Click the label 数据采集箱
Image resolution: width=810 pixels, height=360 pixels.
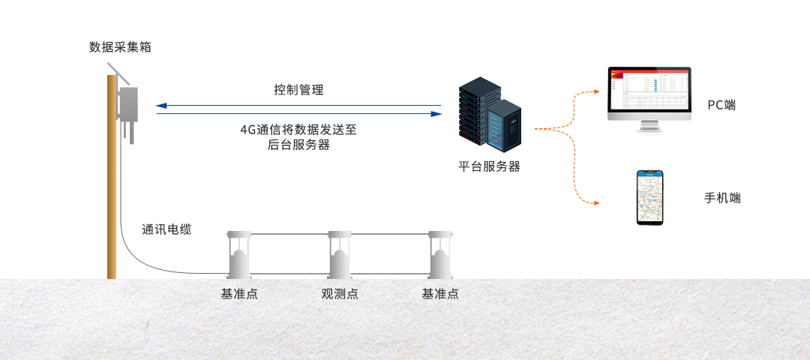[120, 47]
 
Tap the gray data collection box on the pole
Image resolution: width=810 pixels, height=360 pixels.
[128, 103]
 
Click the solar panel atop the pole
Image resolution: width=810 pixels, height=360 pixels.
[118, 73]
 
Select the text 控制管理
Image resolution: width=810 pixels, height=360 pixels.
[298, 90]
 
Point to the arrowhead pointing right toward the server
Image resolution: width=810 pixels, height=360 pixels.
[436, 114]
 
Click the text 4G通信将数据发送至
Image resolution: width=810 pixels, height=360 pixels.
[298, 130]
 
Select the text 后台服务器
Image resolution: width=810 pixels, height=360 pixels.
[298, 145]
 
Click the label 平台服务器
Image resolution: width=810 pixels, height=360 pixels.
[489, 166]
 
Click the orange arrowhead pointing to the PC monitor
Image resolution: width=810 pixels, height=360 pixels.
[597, 91]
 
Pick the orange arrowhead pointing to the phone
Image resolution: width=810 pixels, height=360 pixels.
[597, 203]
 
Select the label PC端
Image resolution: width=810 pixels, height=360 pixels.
[721, 105]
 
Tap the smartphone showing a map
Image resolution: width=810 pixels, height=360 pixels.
[649, 198]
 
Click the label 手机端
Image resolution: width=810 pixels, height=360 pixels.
[723, 198]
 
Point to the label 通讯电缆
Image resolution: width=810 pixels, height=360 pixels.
[166, 229]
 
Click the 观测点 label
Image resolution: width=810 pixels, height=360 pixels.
[340, 294]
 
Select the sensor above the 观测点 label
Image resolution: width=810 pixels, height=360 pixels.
[340, 255]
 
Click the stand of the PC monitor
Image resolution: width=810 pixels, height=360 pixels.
[649, 126]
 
